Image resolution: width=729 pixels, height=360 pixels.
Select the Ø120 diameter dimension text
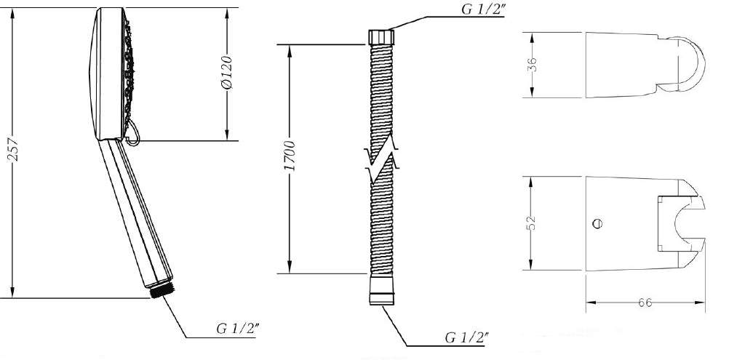coord(226,72)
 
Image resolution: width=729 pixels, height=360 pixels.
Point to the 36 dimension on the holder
coord(533,64)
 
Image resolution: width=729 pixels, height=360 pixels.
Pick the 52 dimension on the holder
coord(533,223)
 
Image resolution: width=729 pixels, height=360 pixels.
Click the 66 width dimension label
coord(645,303)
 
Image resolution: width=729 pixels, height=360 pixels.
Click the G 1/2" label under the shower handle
coord(238,329)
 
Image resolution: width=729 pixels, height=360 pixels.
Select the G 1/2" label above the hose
coord(483,9)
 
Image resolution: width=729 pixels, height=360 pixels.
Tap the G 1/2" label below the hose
coord(466,337)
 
